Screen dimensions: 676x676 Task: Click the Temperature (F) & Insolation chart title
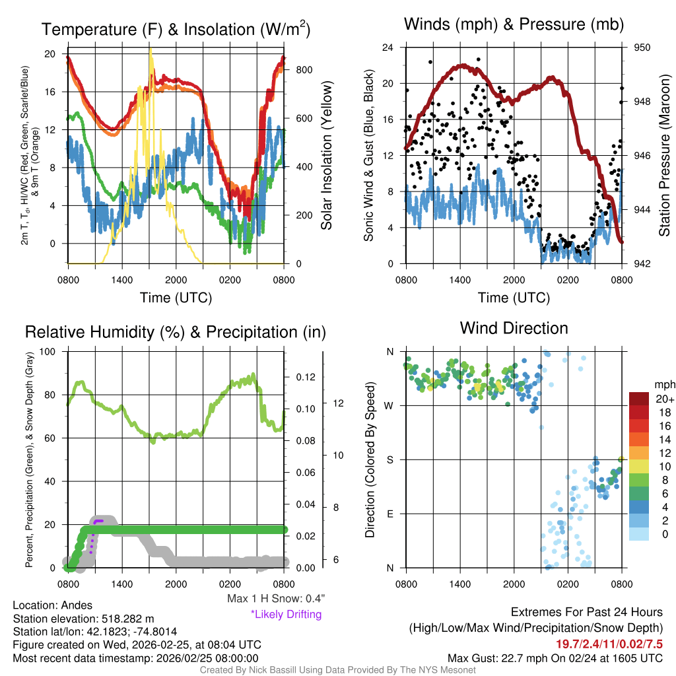176,30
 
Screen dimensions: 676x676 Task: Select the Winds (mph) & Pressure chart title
514,25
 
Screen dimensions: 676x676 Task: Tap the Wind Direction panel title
514,328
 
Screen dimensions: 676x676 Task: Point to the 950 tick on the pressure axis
643,48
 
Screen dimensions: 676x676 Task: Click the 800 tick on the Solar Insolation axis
298,69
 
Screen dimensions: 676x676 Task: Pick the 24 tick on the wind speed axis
389,48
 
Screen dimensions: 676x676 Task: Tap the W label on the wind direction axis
389,405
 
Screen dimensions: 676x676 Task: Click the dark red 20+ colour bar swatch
640,399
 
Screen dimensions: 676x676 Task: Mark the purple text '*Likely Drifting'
286,615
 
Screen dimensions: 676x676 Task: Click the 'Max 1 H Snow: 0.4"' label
275,599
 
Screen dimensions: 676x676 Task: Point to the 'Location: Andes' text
53,605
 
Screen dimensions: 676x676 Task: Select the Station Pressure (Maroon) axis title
664,155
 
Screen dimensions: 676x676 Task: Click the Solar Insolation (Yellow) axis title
326,155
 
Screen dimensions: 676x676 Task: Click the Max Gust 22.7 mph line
555,658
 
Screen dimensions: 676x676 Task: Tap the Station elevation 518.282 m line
83,619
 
